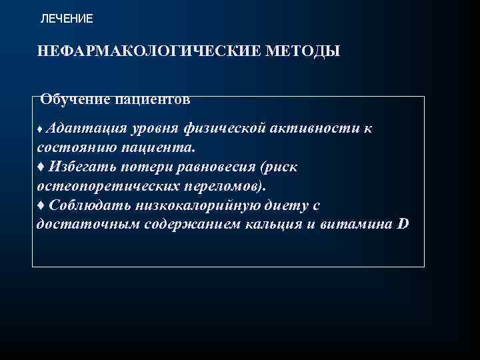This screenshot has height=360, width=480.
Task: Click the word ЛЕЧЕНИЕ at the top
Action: (67, 19)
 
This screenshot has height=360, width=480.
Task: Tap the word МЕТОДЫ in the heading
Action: (303, 51)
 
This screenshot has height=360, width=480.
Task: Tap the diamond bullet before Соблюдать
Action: (41, 205)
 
